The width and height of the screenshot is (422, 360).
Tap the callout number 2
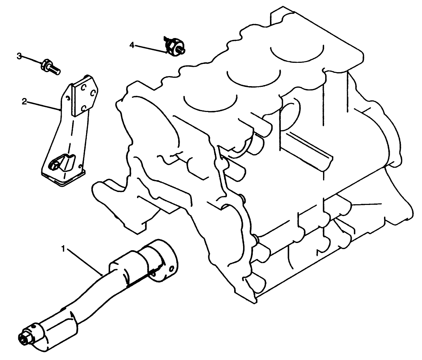[24, 102]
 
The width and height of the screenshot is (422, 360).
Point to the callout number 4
[132, 45]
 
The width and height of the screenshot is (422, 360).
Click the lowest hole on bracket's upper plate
[83, 107]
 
